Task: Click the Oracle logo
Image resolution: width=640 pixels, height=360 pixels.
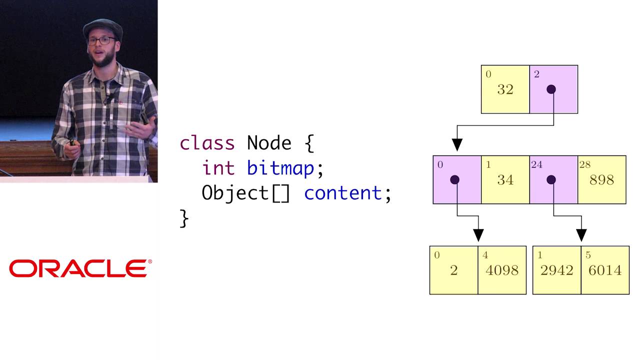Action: point(80,268)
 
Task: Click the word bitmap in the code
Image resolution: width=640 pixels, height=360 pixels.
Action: point(280,168)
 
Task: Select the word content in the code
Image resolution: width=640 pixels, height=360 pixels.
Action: point(342,193)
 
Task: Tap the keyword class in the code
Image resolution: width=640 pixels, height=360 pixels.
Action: point(207,143)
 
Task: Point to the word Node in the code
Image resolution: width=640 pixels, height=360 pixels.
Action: point(269,143)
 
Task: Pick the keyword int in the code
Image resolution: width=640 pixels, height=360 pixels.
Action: point(218,168)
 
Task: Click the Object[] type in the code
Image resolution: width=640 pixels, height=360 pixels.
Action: point(245,193)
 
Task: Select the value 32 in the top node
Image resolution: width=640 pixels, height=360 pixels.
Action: point(505,90)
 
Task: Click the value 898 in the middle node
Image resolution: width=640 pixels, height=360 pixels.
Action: point(601,180)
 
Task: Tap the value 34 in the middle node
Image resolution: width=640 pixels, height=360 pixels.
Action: point(505,180)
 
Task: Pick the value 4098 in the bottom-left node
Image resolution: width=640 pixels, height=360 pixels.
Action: point(502,270)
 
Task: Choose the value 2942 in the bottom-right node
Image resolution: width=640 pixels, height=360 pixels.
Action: point(557,270)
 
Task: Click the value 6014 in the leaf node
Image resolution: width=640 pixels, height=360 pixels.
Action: point(605,270)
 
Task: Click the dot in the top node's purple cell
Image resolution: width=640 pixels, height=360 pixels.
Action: point(551,89)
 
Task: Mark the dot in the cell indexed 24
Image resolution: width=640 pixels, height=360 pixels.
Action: point(551,179)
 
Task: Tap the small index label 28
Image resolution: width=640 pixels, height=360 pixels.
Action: point(584,164)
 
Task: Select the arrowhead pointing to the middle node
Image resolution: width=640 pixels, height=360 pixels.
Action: point(457,144)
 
